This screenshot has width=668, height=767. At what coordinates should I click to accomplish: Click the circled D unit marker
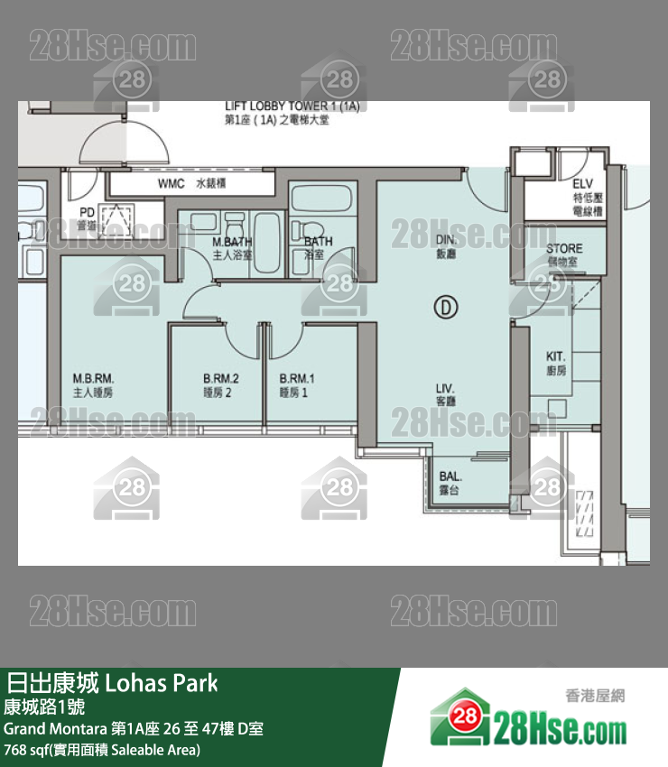pyautogui.click(x=445, y=309)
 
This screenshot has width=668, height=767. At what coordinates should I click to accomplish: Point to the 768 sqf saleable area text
pyautogui.click(x=101, y=750)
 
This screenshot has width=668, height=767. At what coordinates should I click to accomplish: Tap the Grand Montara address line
pyautogui.click(x=134, y=728)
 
